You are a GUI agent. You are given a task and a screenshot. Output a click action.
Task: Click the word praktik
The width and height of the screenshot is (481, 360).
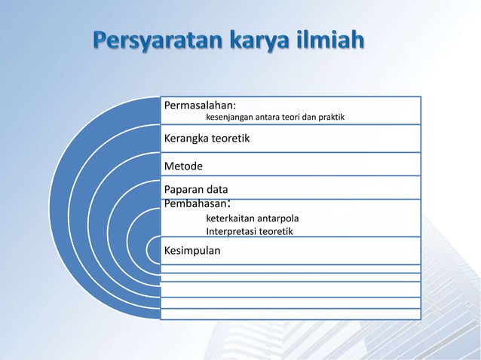point(332,118)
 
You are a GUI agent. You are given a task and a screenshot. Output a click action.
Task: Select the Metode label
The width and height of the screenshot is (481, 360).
point(184,166)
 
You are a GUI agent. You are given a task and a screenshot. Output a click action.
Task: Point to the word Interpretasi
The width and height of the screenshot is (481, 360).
point(232,231)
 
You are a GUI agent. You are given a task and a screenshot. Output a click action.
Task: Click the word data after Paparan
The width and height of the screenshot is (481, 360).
point(219,189)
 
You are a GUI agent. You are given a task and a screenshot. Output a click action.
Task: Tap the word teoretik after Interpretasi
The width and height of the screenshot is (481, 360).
point(278,231)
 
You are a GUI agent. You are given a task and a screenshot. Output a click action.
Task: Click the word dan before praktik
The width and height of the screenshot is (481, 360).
point(310,118)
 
